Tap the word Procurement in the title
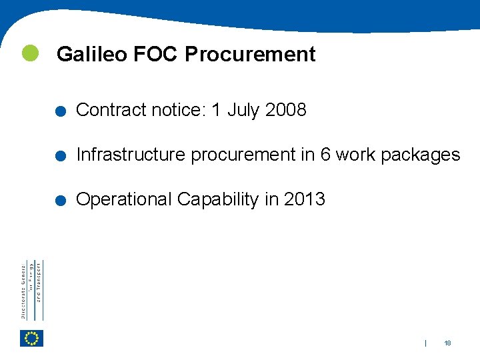[x=250, y=54]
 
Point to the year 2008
[x=285, y=110]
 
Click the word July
[x=243, y=110]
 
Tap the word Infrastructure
[x=131, y=155]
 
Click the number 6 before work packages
[x=325, y=155]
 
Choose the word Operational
[x=125, y=199]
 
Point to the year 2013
[x=305, y=199]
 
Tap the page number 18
[x=447, y=343]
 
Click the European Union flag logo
[x=31, y=339]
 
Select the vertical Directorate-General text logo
[x=32, y=290]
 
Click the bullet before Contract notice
[x=61, y=112]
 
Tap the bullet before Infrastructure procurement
[x=61, y=157]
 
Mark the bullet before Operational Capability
[x=61, y=201]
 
